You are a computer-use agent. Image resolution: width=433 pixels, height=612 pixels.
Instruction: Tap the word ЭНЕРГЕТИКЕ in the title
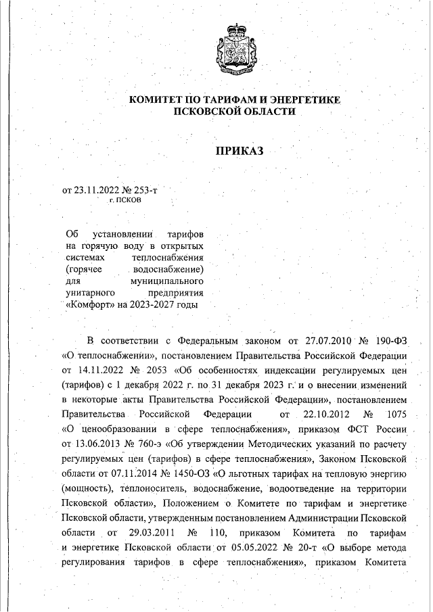tap(300, 100)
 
